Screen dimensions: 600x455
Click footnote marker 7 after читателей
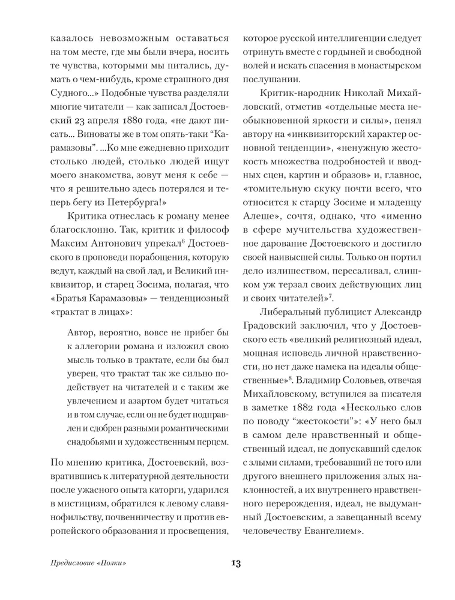click(x=330, y=295)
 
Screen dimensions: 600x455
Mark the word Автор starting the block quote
click(x=82, y=332)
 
